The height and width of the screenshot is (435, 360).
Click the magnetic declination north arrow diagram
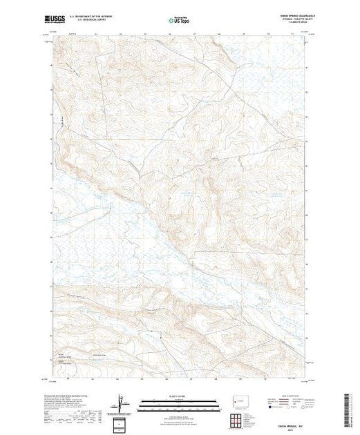tap(122, 402)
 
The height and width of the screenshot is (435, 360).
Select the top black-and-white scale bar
tap(180, 400)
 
